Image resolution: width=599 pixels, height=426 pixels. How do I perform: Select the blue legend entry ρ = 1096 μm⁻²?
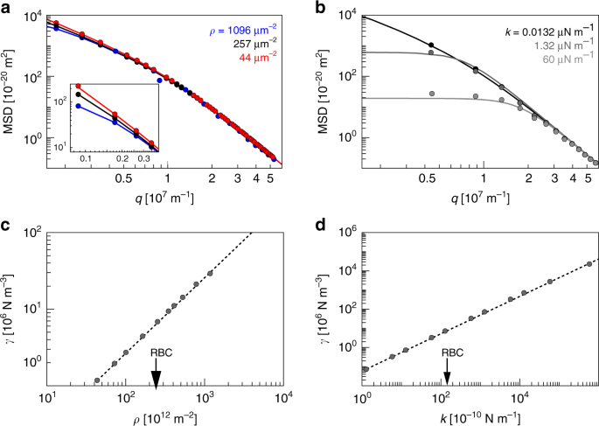click(244, 34)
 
